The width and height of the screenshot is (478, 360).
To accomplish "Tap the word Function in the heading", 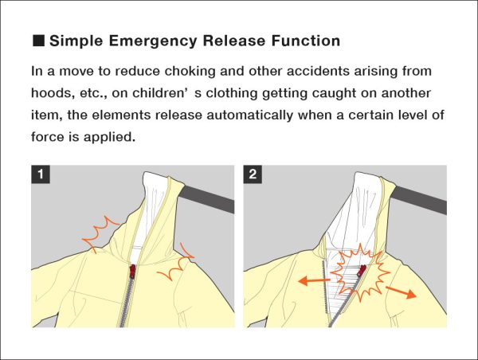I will (304, 41).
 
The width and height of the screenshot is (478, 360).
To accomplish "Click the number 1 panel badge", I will (39, 174).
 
